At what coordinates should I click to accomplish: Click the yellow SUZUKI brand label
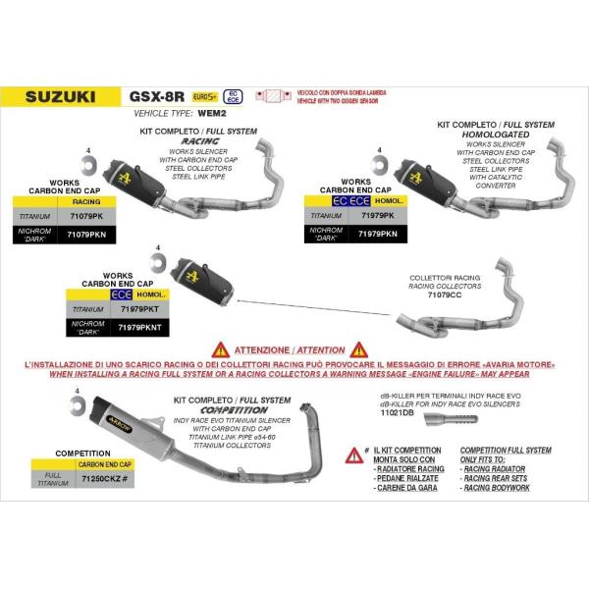60,97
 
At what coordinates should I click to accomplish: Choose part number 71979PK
379,213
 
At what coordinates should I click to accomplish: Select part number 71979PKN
379,236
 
